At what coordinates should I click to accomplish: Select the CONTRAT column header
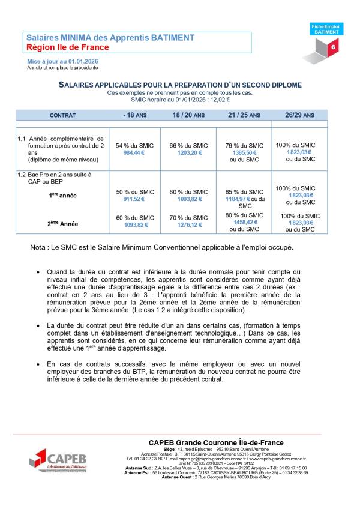coord(63,114)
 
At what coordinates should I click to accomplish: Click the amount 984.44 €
coord(134,153)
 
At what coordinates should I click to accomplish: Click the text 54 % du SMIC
coord(134,146)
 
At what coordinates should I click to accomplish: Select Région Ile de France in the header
coord(67,47)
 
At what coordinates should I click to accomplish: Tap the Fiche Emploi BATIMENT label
coord(327,29)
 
